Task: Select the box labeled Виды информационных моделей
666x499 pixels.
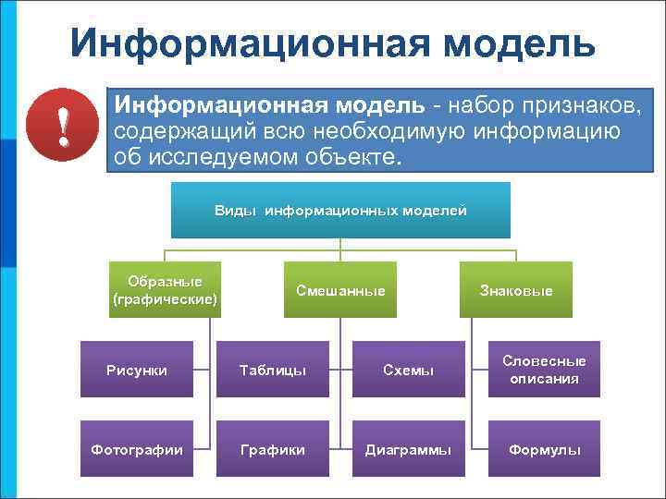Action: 340,210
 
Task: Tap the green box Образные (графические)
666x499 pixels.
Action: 165,289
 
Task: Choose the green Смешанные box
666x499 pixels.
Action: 340,290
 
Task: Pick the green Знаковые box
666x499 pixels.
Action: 515,290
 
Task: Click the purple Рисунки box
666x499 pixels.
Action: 137,370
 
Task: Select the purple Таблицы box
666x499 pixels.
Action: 273,370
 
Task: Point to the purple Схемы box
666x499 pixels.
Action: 408,370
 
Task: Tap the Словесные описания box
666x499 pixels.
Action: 544,370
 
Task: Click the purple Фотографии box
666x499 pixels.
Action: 137,449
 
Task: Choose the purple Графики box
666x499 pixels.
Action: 273,449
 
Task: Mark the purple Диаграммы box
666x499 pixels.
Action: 408,449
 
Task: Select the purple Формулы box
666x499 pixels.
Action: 544,449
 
